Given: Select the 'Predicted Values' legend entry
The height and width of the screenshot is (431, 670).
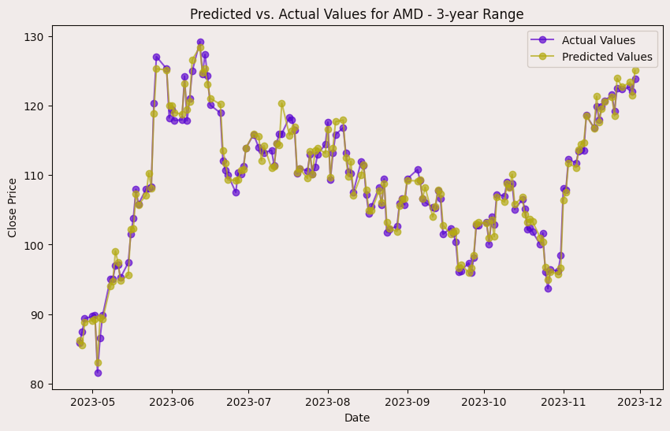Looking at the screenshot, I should (607, 57).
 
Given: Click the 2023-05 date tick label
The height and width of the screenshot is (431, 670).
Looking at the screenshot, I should (92, 401).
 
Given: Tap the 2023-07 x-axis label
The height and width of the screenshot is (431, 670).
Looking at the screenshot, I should (248, 401).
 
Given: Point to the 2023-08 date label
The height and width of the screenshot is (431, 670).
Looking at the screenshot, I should (328, 401).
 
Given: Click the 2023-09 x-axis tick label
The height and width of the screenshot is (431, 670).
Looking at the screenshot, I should (408, 401).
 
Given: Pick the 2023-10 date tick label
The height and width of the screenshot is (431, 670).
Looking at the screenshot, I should (484, 401).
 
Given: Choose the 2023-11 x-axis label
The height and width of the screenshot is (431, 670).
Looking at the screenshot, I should (564, 401).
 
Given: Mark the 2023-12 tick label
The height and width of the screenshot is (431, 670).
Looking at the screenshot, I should (640, 401).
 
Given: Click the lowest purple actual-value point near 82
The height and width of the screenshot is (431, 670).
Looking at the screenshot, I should (98, 373).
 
